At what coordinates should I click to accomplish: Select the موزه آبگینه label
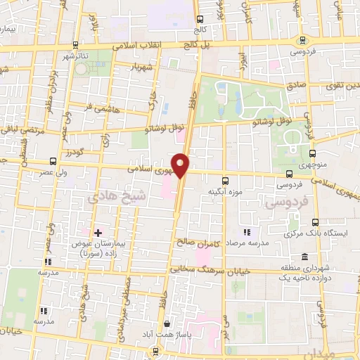click(224, 191)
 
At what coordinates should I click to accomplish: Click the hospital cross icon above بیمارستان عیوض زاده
click(98, 233)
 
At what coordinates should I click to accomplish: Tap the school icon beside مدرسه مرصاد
click(246, 232)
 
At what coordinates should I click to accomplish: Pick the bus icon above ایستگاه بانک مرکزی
click(314, 222)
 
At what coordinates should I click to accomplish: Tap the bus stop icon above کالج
click(200, 20)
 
